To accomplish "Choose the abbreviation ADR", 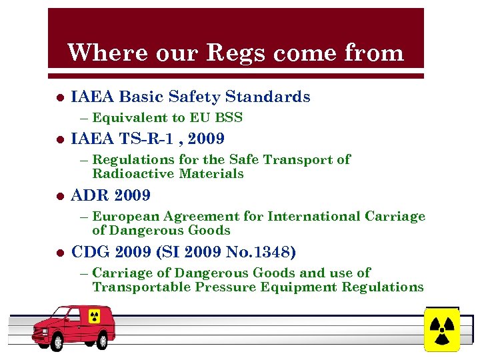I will click(91, 196).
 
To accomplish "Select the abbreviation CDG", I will click(91, 253).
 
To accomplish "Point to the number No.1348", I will click(263, 253).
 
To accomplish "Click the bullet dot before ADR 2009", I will click(59, 196).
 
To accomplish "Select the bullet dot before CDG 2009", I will click(59, 253).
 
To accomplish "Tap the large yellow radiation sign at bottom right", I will click(441, 329).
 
